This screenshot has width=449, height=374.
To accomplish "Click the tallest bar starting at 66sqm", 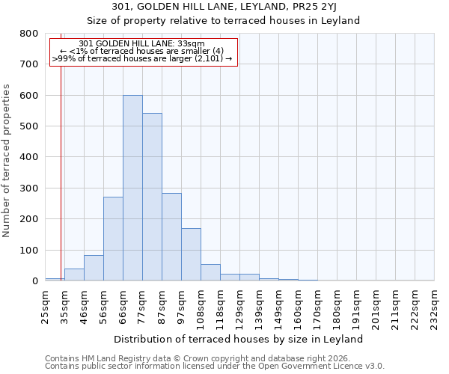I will [132, 188].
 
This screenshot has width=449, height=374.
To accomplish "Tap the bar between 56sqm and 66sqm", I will [113, 239].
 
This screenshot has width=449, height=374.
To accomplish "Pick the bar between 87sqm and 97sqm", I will [171, 247].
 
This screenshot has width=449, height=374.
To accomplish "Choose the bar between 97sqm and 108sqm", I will [191, 254].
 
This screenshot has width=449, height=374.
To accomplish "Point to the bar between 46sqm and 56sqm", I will [94, 268].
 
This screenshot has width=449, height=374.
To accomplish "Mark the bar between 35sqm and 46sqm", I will [74, 275].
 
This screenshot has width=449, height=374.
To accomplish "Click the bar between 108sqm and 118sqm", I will [210, 272].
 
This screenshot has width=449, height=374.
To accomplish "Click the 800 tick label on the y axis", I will [29, 34].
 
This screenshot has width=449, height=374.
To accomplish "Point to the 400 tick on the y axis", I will [29, 157].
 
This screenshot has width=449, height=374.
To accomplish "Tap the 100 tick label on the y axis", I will [29, 250].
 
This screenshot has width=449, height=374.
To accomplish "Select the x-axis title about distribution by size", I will [239, 339].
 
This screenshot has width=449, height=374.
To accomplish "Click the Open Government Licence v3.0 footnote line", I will [215, 367].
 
